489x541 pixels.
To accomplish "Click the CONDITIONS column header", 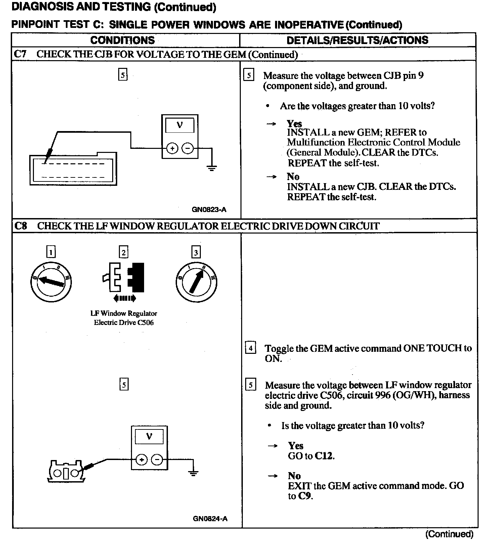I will coord(123,40).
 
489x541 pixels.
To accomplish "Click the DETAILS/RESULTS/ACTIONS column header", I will coord(357,40).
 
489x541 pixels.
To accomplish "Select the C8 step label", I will coord(21,226).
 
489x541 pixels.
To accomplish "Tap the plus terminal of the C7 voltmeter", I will coord(172,148).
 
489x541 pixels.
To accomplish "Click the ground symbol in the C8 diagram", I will coord(193,473).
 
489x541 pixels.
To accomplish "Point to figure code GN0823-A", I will coord(209,210).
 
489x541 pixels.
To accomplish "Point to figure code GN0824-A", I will coord(210,518).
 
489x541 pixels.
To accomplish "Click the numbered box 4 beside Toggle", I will coord(251,348).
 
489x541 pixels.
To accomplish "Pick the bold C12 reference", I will coord(325,456).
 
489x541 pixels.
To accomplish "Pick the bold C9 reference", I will coord(305,496).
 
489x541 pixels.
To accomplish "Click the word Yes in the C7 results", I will coord(294,123).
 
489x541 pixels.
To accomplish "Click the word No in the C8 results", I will coord(294,476).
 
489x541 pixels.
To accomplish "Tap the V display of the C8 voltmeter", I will coord(149,436).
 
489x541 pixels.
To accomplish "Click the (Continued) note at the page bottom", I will coord(449,534).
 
